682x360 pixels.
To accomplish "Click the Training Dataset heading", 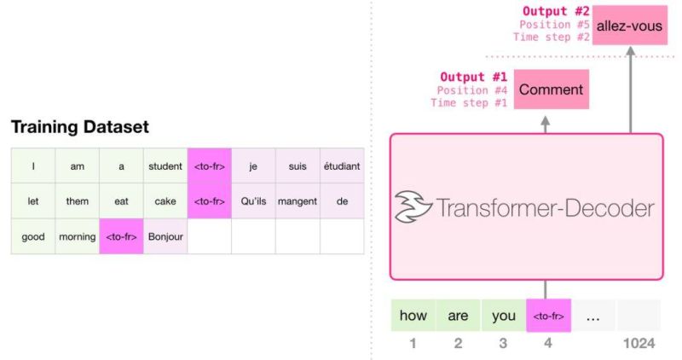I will tap(79, 127).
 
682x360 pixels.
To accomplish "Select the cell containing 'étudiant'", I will tap(342, 166).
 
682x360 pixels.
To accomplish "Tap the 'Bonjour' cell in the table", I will tap(165, 236).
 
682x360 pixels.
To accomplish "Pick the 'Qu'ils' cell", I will tap(253, 201).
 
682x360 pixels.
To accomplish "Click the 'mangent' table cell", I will tap(298, 201).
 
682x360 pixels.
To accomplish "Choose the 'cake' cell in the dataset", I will tap(165, 201).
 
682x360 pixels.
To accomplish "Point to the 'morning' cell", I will tap(78, 236).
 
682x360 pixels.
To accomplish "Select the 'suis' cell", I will tap(298, 166).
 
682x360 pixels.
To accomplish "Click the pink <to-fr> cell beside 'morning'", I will tap(121, 236).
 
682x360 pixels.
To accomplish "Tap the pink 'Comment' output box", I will tap(551, 90).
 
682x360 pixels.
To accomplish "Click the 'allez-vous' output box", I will tap(629, 26).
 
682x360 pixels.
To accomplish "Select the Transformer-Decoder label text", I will tap(546, 207).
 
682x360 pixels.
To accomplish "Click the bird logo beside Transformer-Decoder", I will tap(413, 207).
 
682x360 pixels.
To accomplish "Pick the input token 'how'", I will tap(413, 316).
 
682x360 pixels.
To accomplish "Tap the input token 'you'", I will tap(504, 316).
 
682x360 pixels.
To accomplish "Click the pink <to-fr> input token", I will tap(549, 316).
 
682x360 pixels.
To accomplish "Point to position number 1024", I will tap(639, 343).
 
